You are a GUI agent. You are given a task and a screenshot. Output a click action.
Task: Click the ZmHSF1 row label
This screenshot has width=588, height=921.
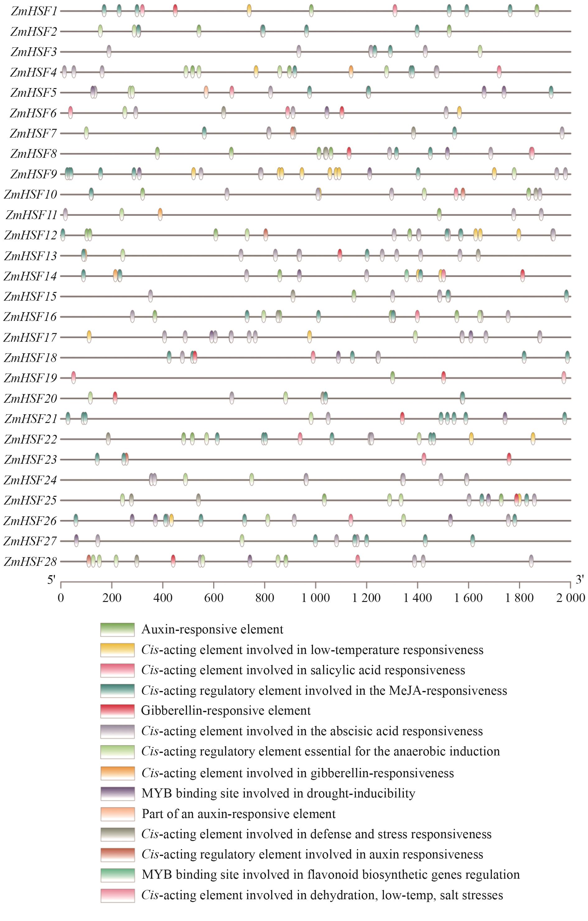[x=34, y=11]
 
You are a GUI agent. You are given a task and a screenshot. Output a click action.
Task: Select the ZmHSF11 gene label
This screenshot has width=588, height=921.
[x=31, y=215]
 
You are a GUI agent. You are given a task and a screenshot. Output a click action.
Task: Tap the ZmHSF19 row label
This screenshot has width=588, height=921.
[x=30, y=378]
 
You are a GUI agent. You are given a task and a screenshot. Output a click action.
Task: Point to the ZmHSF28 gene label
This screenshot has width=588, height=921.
[x=30, y=562]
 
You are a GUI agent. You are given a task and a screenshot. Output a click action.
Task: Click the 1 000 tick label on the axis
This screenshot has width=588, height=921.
[x=315, y=597]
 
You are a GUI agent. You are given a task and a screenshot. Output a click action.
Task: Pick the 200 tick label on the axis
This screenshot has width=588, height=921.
[x=112, y=597]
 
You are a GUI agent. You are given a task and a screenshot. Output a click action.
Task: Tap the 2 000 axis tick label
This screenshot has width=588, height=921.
[x=570, y=597]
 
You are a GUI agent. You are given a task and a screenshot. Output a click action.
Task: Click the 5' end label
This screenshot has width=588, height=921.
[x=52, y=580]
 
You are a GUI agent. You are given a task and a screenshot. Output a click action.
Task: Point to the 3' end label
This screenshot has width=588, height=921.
[x=580, y=580]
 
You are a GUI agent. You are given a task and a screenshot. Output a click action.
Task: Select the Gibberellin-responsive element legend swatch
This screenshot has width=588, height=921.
[x=117, y=711]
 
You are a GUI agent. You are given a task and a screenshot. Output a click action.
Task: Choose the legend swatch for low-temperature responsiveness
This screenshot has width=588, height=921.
[x=117, y=650]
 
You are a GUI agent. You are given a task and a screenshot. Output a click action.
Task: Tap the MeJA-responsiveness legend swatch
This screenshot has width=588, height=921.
[x=117, y=690]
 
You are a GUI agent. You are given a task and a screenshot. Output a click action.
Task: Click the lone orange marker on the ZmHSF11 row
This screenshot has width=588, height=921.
[x=160, y=214]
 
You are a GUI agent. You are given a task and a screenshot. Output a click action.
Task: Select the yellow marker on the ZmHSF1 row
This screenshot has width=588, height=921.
[x=249, y=10]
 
